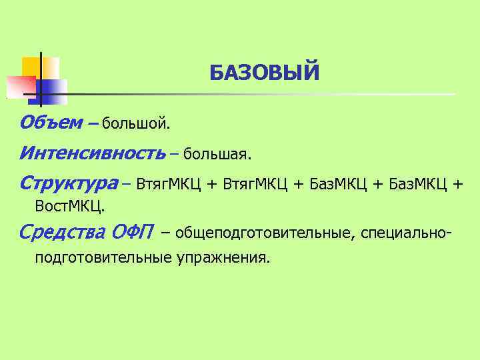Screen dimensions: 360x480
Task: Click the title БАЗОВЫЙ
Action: click(x=265, y=72)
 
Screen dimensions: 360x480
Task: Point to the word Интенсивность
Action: click(x=92, y=154)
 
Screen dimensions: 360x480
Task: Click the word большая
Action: click(x=217, y=155)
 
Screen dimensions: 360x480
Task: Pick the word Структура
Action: click(x=68, y=183)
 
